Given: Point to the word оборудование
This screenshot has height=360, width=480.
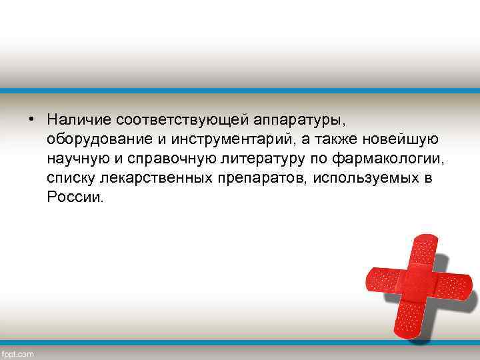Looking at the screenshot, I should pyautogui.click(x=93, y=139).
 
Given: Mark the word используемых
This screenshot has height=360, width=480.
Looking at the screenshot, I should pyautogui.click(x=360, y=179).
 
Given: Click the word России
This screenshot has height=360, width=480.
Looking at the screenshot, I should pyautogui.click(x=75, y=198).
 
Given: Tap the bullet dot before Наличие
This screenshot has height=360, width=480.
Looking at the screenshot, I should pyautogui.click(x=31, y=120).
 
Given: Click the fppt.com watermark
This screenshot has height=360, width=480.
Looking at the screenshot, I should pyautogui.click(x=18, y=353).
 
